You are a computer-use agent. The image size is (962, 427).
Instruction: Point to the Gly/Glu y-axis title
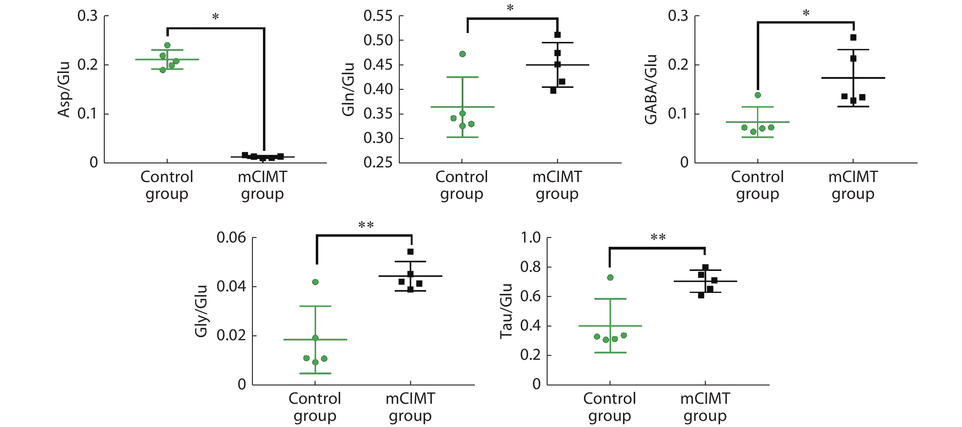point(201,311)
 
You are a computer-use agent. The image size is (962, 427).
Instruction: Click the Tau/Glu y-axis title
point(506,311)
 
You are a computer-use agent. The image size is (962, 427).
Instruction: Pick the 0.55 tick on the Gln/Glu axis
point(378,16)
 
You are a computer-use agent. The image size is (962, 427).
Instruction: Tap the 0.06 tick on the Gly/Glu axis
point(231,238)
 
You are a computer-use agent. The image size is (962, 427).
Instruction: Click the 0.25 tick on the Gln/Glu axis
point(378,162)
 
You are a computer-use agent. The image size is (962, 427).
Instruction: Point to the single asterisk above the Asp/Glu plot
point(216,17)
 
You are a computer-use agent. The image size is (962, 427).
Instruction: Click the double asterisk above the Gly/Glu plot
point(366,225)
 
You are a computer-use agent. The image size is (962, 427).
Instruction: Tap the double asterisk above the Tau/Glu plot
point(658,238)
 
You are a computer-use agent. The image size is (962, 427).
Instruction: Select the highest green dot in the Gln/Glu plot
point(462,54)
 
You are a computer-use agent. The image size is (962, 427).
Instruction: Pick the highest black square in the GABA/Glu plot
point(853,37)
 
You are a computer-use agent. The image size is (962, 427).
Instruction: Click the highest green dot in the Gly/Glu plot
point(315,282)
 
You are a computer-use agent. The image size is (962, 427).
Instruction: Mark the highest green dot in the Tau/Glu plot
point(610,278)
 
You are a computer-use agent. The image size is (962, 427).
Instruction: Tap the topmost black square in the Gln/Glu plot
point(558,35)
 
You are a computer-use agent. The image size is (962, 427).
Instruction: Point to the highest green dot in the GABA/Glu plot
point(758,95)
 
